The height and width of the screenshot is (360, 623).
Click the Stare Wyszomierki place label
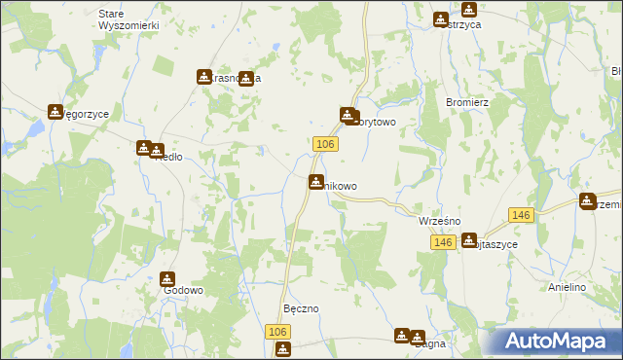pos(128,19)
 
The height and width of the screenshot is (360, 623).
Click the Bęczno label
pos(301,308)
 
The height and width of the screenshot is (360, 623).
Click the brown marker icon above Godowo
pos(167,279)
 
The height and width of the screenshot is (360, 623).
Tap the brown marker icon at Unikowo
pos(316,182)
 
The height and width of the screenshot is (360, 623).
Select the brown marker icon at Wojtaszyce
pos(469,239)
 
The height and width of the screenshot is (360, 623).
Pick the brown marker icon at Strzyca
pos(440,18)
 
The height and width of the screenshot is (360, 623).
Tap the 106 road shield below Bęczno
pos(277,332)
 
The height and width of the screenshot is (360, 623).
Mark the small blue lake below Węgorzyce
pos(35,127)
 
